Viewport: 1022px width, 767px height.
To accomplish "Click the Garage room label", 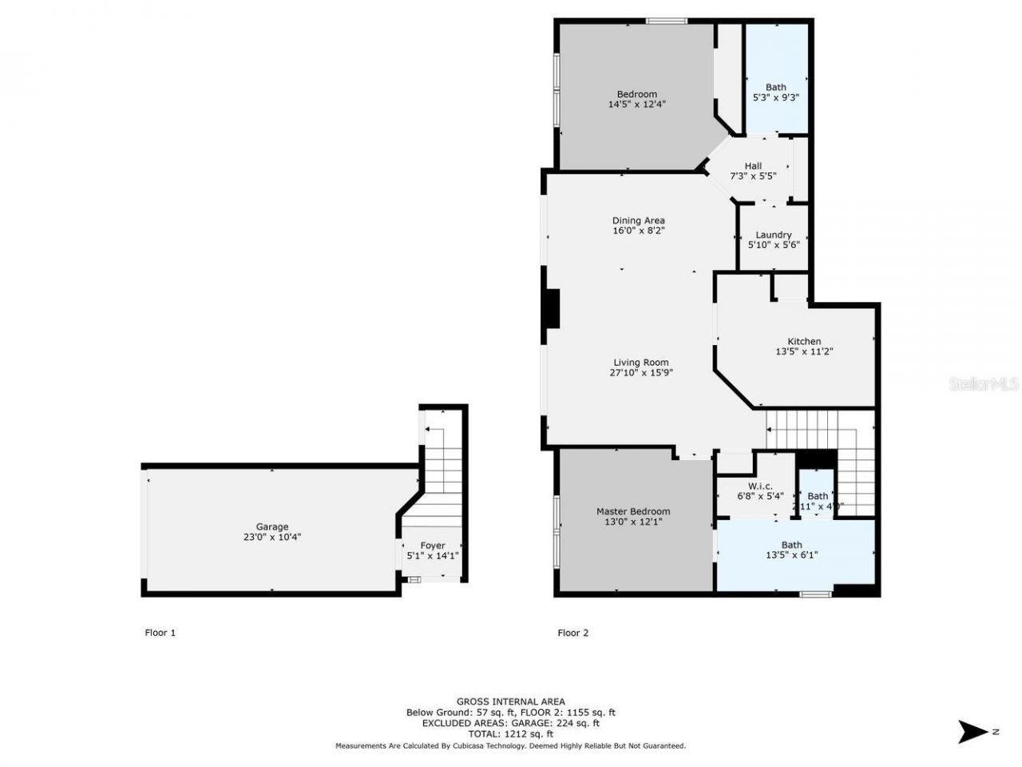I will pyautogui.click(x=272, y=527).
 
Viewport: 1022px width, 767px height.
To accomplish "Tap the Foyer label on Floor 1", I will pyautogui.click(x=433, y=546).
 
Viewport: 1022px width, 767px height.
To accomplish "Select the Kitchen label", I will pyautogui.click(x=804, y=341).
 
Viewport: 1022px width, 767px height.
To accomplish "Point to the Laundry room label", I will pyautogui.click(x=773, y=235).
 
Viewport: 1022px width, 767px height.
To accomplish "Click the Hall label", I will pyautogui.click(x=753, y=166).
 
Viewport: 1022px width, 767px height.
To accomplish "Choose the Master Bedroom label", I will pyautogui.click(x=633, y=511).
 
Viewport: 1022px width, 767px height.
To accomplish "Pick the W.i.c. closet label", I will pyautogui.click(x=760, y=486).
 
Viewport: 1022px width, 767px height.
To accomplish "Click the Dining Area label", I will pyautogui.click(x=638, y=221).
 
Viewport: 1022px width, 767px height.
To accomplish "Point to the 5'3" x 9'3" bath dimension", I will pyautogui.click(x=775, y=97).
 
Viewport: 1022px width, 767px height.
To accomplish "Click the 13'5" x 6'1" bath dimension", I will pyautogui.click(x=791, y=555).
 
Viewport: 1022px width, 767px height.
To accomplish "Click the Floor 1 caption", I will pyautogui.click(x=160, y=633).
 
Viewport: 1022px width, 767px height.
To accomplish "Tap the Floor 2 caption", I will pyautogui.click(x=572, y=633).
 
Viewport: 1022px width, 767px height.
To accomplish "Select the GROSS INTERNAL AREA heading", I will pyautogui.click(x=510, y=701).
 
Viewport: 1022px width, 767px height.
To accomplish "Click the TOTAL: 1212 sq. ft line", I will pyautogui.click(x=510, y=733).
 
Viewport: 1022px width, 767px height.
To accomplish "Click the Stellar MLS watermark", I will pyautogui.click(x=983, y=384).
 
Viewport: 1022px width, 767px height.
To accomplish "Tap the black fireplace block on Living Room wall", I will pyautogui.click(x=551, y=308).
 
